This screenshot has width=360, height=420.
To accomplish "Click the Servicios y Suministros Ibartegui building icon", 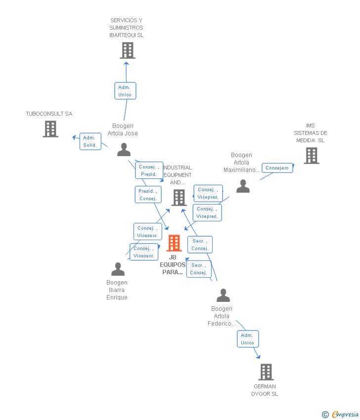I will [x=127, y=50].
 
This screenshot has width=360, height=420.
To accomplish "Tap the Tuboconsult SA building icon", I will [x=50, y=129].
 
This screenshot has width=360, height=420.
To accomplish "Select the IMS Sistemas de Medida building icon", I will [x=311, y=156].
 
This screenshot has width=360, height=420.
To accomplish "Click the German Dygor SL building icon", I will [x=266, y=372].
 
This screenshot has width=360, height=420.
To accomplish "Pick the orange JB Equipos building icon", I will [x=174, y=243].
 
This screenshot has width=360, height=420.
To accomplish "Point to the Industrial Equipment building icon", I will [x=179, y=198].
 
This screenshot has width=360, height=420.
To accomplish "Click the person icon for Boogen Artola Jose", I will [x=124, y=149].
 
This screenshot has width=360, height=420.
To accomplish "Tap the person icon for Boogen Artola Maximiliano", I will [x=243, y=186].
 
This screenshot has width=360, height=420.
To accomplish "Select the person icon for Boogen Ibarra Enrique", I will [x=118, y=269].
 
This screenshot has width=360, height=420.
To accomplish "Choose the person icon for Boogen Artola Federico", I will [x=223, y=295].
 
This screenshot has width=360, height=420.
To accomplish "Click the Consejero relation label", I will [x=277, y=168].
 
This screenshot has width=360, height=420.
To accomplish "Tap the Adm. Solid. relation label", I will [x=90, y=141].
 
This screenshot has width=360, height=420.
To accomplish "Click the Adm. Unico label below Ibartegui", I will [x=125, y=91].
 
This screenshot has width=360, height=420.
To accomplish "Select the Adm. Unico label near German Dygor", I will [x=248, y=339].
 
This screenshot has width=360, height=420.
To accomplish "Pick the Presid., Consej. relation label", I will [x=148, y=195].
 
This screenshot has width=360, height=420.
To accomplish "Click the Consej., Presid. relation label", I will [x=149, y=170].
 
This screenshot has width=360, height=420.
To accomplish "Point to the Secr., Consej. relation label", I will [x=200, y=245].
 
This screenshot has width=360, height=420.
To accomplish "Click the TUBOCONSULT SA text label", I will [x=49, y=114].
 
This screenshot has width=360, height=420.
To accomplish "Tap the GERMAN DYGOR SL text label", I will [x=265, y=390].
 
